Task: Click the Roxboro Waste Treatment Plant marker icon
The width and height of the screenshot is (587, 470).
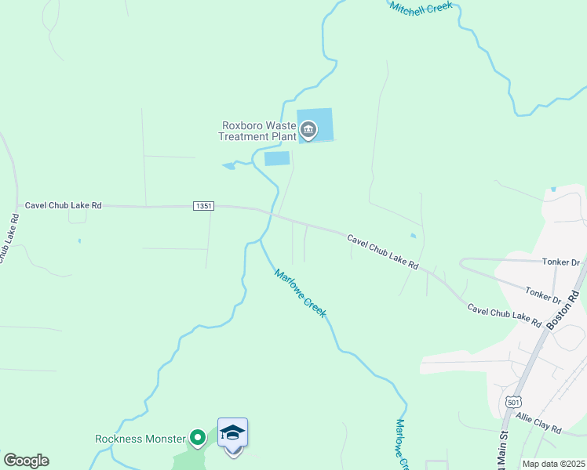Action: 308,129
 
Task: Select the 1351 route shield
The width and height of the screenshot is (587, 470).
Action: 203,206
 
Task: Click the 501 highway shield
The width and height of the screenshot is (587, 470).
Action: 512,402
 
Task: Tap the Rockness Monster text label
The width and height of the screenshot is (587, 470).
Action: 140,439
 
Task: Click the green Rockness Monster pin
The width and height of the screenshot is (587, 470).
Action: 199,438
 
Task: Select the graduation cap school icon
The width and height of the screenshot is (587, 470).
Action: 232,433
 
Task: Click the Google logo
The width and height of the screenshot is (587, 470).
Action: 26,461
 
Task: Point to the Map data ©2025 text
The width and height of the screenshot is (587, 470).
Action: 552,464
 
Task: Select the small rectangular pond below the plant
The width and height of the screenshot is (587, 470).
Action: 277,158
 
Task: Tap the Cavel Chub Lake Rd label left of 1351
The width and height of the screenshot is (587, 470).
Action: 64,205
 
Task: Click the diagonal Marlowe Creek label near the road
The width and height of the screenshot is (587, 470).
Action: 300,293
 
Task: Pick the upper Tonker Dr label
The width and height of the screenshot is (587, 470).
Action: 560,262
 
